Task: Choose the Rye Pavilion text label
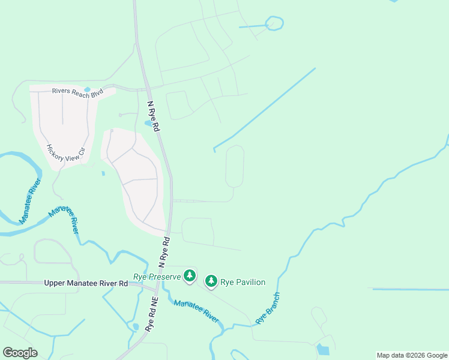click(x=243, y=282)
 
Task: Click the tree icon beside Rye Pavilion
click(x=211, y=281)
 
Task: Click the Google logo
click(x=20, y=353)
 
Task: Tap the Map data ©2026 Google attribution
click(x=412, y=355)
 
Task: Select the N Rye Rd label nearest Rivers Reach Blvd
click(x=154, y=116)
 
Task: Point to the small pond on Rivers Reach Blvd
click(x=88, y=90)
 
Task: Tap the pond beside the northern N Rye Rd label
click(x=148, y=124)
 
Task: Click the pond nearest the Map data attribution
click(x=323, y=349)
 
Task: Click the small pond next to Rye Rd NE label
click(x=135, y=327)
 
